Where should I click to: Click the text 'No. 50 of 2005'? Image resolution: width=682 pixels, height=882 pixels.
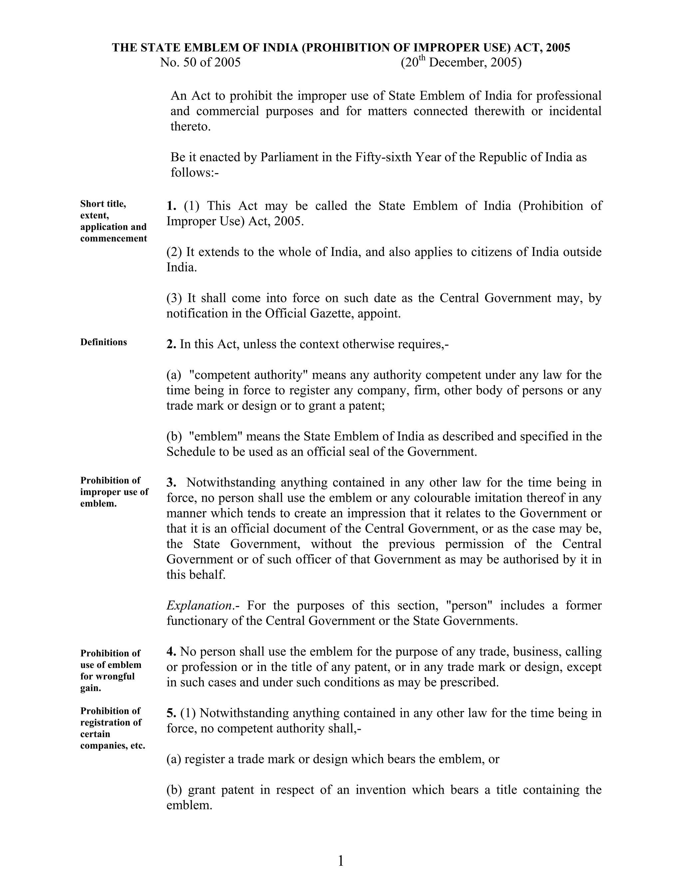tap(200, 63)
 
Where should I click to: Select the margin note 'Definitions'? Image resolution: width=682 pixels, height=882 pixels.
tap(104, 342)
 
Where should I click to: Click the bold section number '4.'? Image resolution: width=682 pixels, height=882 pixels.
tap(171, 651)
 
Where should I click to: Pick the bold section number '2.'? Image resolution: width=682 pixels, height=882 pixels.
tap(171, 344)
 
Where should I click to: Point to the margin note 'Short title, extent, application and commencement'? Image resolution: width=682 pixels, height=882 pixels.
tap(113, 221)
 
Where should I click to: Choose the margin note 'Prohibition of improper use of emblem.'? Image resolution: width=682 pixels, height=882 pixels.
tap(114, 492)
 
